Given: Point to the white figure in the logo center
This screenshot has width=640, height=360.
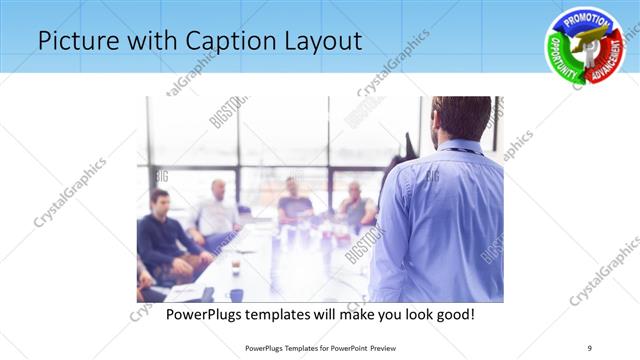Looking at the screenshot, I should tap(585, 44).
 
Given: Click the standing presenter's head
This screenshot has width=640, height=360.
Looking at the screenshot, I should tap(462, 119).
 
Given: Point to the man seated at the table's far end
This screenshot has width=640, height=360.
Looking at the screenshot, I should tap(294, 200).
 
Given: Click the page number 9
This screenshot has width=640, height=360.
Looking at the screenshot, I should tap(590, 348).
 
